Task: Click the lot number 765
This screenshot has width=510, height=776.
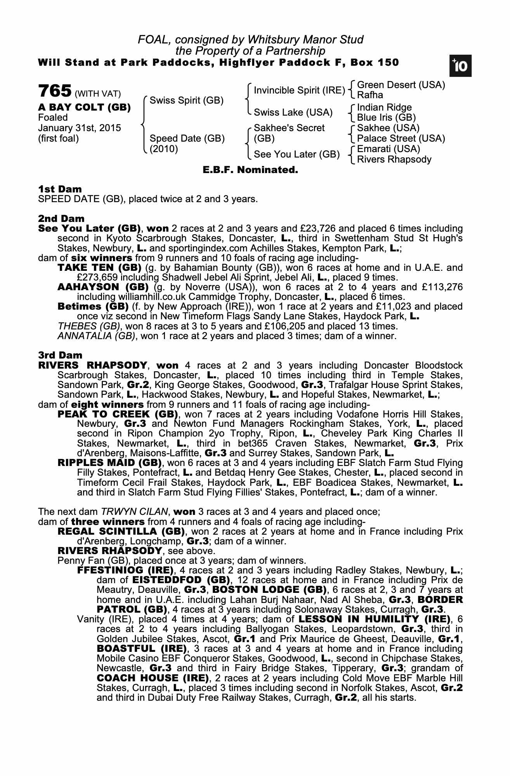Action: point(55,91)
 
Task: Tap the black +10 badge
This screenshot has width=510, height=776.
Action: point(460,66)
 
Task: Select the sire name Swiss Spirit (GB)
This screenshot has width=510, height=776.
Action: point(186,100)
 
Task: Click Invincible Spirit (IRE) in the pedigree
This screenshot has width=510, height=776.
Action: point(299,90)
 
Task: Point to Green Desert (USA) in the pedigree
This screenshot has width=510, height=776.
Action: point(401,85)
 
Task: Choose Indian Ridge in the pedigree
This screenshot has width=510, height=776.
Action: point(384,107)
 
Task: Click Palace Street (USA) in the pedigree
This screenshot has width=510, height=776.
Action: point(401,139)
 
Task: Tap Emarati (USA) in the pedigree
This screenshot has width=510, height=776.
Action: point(389,149)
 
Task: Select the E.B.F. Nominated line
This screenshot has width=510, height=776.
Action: point(250,170)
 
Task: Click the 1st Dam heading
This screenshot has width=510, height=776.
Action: point(60,189)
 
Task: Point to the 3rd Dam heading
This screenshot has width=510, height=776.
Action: point(61,355)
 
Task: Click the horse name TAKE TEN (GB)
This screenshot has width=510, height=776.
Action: point(99,268)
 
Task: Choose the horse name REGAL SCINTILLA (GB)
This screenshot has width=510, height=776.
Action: point(120,531)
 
